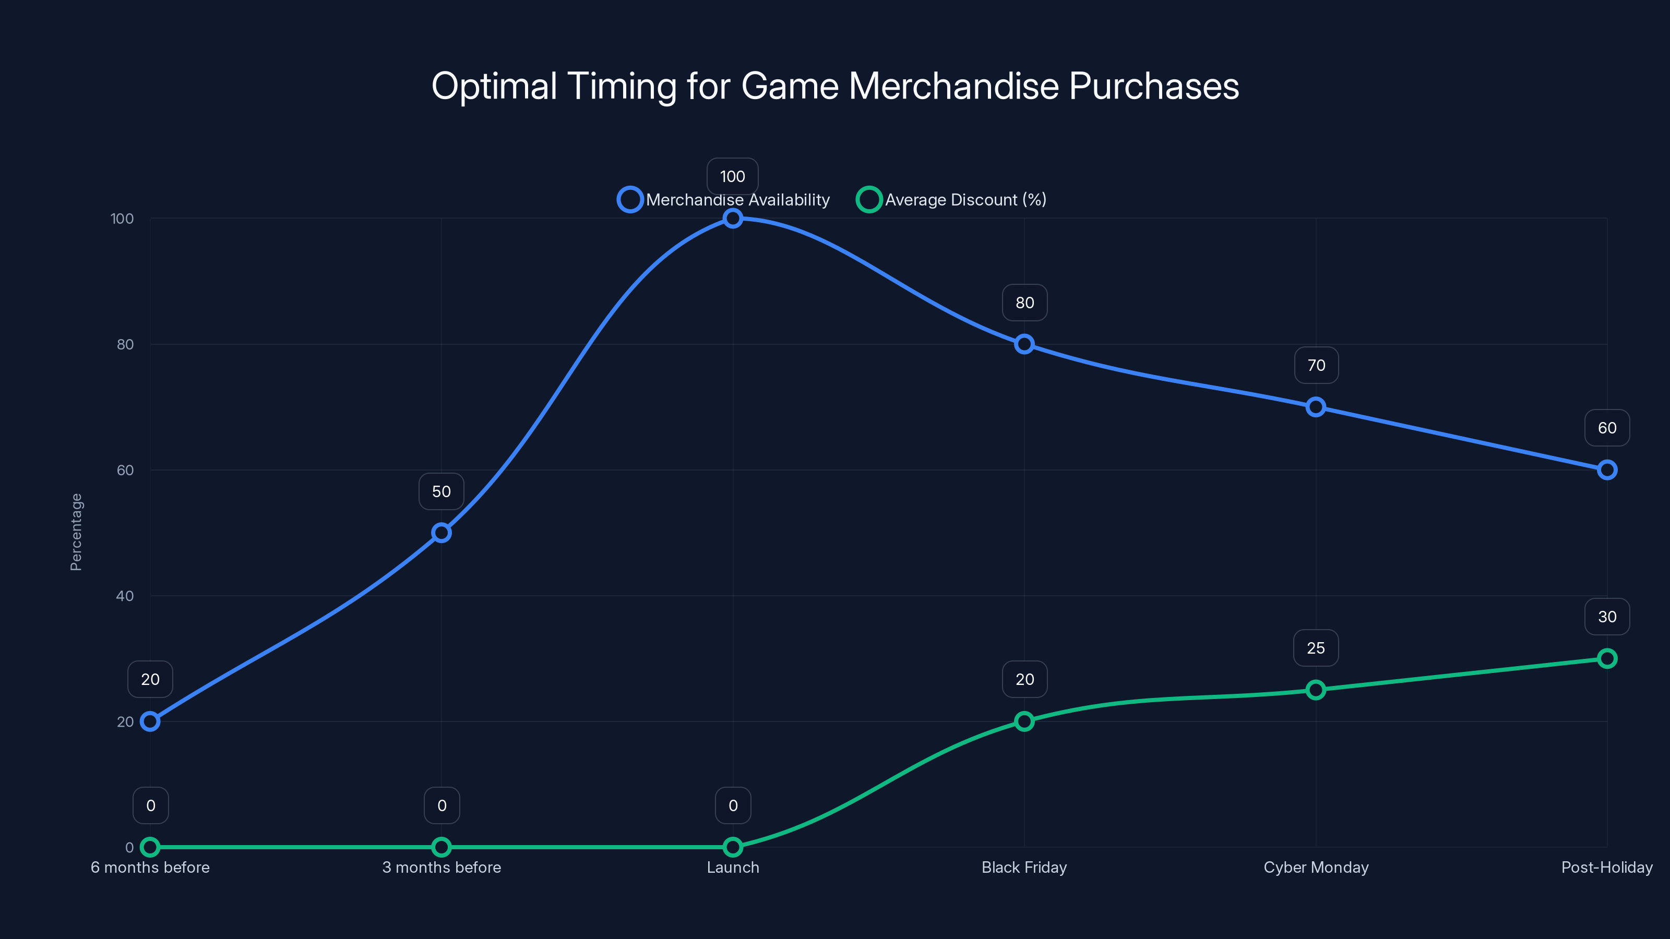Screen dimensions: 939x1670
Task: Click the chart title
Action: point(835,86)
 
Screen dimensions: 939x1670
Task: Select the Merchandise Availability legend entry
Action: point(724,200)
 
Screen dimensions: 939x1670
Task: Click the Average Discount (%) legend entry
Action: point(952,200)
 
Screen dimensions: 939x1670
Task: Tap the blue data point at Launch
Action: point(733,219)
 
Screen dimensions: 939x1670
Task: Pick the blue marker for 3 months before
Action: point(442,533)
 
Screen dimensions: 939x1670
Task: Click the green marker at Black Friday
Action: point(1024,721)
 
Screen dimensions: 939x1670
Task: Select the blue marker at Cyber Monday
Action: point(1315,407)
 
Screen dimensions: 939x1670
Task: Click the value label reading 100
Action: point(733,176)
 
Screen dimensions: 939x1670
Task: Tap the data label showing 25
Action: point(1315,648)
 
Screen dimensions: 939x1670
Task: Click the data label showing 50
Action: point(442,491)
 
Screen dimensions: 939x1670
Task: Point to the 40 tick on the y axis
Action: point(125,596)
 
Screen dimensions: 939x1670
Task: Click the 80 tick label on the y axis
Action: point(125,344)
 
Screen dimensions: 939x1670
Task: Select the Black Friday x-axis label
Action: point(1024,867)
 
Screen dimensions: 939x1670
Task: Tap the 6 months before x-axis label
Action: point(150,867)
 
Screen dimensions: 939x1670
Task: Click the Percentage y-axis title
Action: point(76,532)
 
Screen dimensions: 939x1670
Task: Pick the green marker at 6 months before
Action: point(150,847)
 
